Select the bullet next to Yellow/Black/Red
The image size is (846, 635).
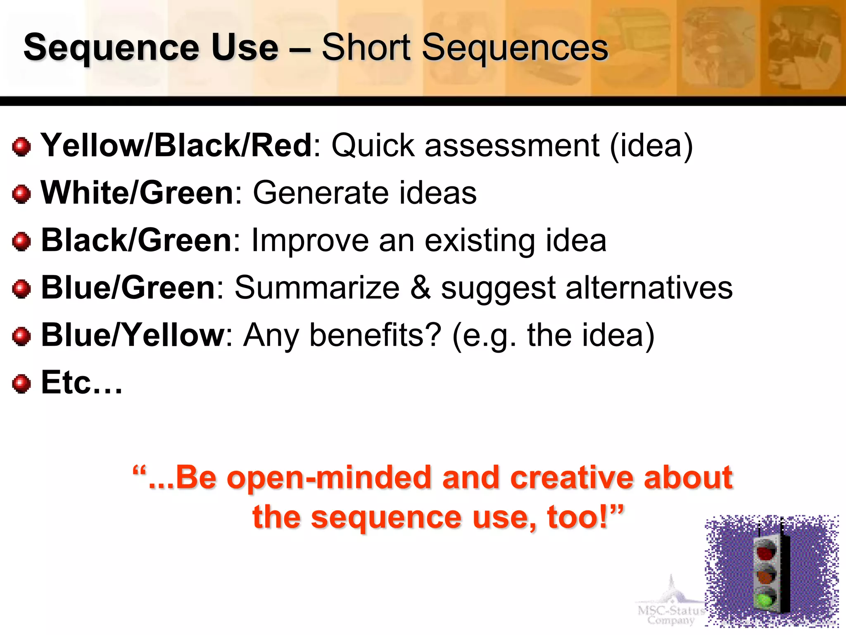coord(21,147)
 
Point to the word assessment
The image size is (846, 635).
coord(512,146)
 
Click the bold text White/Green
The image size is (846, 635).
coord(137,193)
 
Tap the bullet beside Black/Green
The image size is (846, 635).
coord(21,241)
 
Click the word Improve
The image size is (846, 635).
coord(310,241)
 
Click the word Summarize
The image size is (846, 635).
coord(317,288)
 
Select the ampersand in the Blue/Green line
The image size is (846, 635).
coord(420,288)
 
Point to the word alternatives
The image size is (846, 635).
coord(649,288)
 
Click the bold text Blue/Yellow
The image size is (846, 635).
coord(132,335)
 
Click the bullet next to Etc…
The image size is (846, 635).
coord(21,384)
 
